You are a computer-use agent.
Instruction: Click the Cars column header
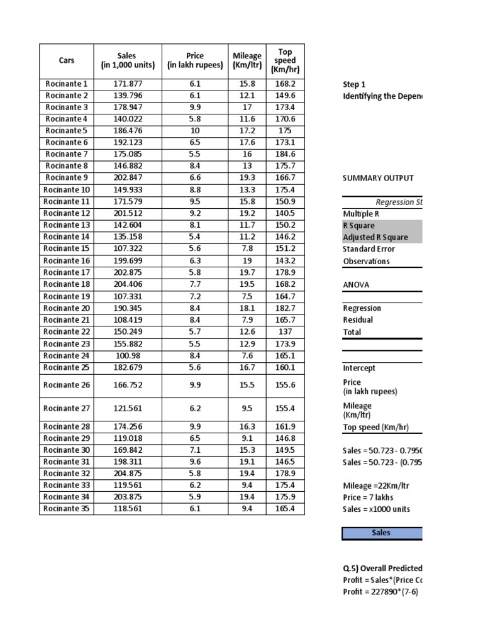[x=66, y=60]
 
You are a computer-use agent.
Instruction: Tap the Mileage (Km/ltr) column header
[x=247, y=60]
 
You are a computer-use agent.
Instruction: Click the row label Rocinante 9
[x=67, y=178]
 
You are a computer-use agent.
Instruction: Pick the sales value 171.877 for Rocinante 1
[x=128, y=84]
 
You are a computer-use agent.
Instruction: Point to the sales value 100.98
[x=128, y=355]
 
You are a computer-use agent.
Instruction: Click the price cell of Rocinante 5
[x=195, y=131]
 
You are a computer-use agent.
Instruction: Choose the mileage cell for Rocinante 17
[x=247, y=272]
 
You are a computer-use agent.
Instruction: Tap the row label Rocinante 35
[x=67, y=509]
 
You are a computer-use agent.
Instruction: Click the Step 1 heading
[x=354, y=84]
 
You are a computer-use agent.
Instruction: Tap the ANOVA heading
[x=356, y=284]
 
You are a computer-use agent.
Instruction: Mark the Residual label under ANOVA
[x=358, y=319]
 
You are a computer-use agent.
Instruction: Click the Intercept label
[x=359, y=368]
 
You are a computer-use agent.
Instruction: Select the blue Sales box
[x=382, y=533]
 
